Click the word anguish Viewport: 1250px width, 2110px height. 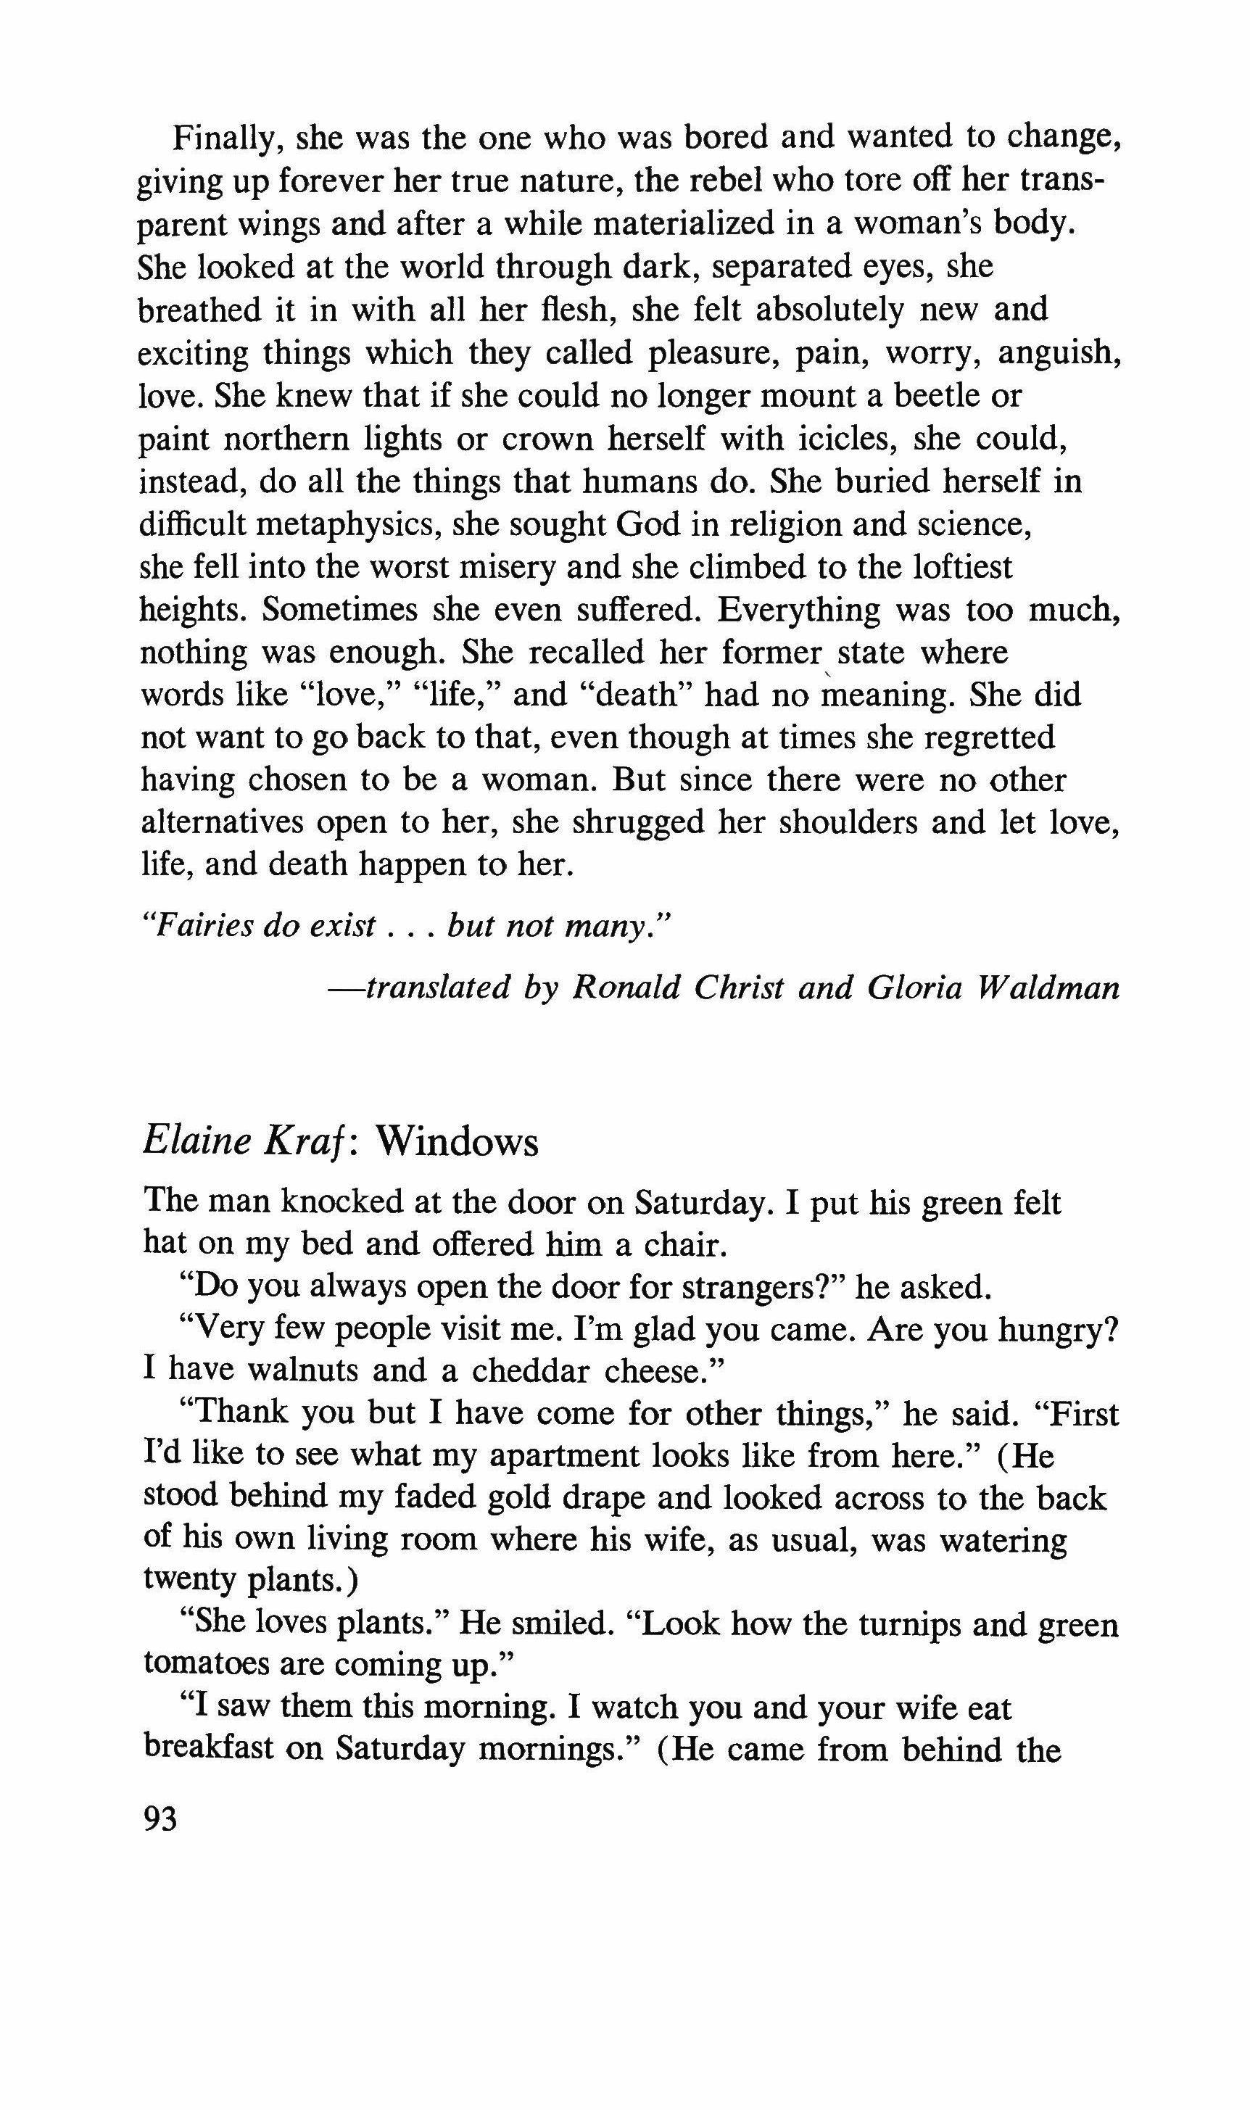[x=1059, y=353]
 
